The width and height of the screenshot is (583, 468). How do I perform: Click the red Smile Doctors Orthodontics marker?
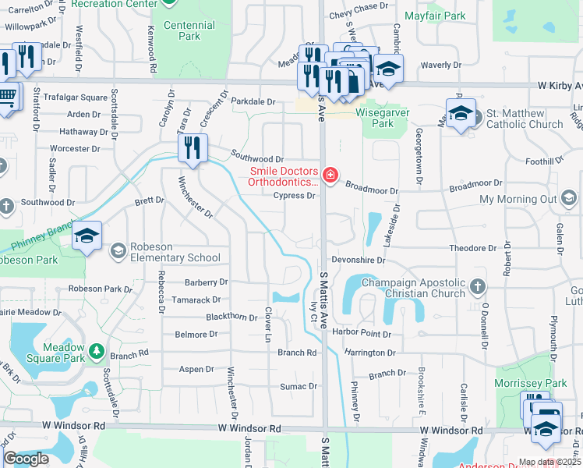pyautogui.click(x=330, y=174)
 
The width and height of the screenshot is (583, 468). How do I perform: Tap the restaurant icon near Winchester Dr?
pyautogui.click(x=193, y=147)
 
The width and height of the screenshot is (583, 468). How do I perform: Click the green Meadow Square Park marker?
pyautogui.click(x=97, y=352)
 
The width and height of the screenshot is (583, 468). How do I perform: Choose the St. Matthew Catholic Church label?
pyautogui.click(x=524, y=119)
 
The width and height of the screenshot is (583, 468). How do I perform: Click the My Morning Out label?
pyautogui.click(x=518, y=200)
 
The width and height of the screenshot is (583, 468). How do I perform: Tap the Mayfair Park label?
pyautogui.click(x=435, y=16)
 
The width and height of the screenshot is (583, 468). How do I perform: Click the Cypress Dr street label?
pyautogui.click(x=294, y=196)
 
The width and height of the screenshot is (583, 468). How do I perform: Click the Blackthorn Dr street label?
pyautogui.click(x=231, y=317)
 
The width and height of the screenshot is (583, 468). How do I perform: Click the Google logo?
pyautogui.click(x=26, y=459)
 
